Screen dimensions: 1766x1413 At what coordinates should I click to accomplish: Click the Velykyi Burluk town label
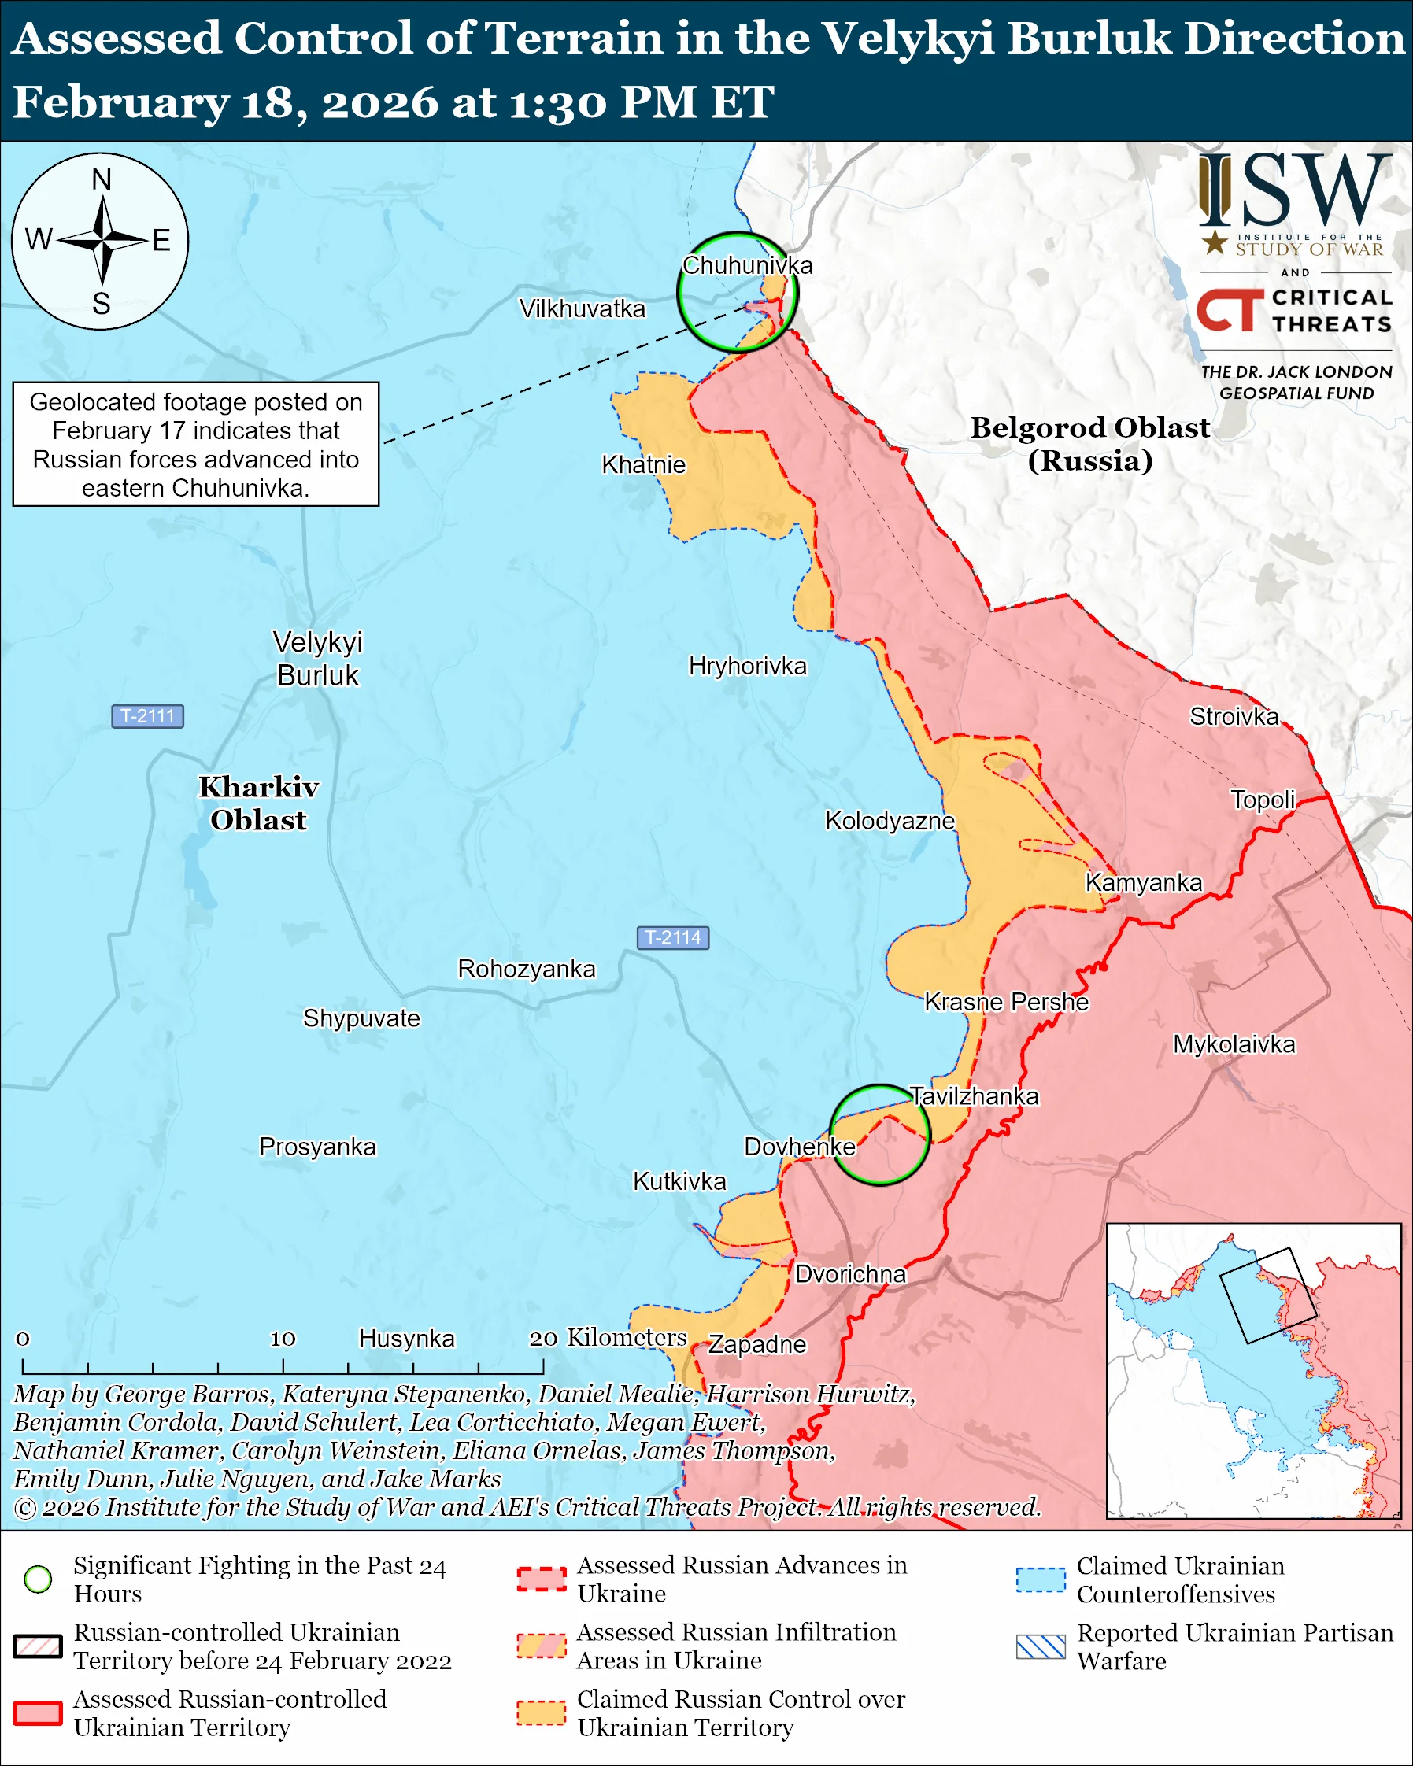pos(317,659)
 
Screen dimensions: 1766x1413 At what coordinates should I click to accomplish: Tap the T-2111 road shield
pos(147,716)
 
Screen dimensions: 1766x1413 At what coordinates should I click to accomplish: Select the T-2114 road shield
pos(672,937)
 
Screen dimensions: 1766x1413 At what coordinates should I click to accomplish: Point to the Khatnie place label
pos(643,464)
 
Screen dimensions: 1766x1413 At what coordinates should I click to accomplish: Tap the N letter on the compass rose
pos(101,179)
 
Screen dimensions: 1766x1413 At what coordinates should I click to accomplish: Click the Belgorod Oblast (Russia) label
pos(1089,443)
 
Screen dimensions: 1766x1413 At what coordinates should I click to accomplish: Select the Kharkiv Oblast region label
pos(258,803)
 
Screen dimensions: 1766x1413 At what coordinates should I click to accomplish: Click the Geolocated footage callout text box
pos(196,444)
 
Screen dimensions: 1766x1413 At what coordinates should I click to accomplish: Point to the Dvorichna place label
pos(850,1273)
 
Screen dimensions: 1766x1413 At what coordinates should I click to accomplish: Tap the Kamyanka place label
pos(1144,882)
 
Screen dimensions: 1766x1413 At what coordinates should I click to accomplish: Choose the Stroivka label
pos(1234,716)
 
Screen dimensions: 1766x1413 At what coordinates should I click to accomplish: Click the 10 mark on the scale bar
pos(283,1339)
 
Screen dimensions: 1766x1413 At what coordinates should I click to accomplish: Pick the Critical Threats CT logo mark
pos(1228,310)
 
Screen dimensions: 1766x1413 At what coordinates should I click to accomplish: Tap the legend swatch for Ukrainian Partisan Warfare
pos(1041,1646)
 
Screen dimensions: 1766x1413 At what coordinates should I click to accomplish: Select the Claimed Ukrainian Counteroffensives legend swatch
pos(1041,1579)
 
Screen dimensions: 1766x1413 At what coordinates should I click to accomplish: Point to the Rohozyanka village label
pos(526,968)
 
